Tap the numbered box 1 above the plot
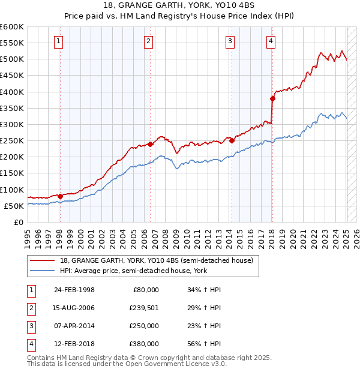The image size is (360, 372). click(x=58, y=41)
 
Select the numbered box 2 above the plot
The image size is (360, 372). click(x=148, y=41)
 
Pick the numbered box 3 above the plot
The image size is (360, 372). click(x=230, y=41)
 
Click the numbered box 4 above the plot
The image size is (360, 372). click(x=271, y=41)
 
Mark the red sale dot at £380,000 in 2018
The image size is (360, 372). click(x=272, y=98)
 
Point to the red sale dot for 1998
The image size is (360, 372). click(x=60, y=196)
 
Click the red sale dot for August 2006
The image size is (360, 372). click(x=150, y=144)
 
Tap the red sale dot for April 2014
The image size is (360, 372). click(x=232, y=141)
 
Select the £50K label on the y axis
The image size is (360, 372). click(x=14, y=206)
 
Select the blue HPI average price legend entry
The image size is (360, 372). click(x=133, y=271)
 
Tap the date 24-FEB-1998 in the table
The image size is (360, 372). click(x=74, y=290)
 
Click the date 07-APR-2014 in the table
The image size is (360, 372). click(x=74, y=326)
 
